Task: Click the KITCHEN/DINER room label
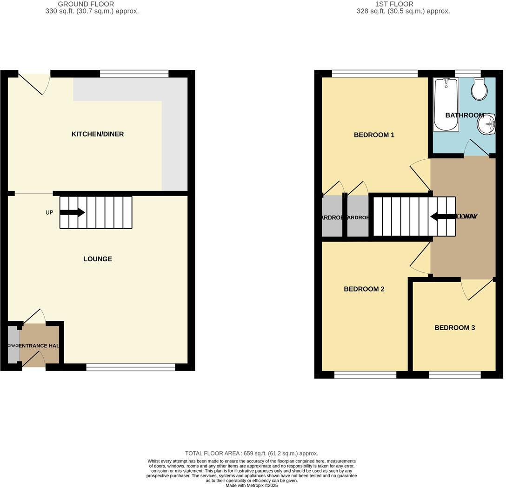(x=98, y=134)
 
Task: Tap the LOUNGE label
(x=98, y=259)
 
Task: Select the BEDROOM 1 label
(x=374, y=135)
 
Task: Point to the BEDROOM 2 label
(x=364, y=289)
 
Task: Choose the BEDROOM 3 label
(x=454, y=328)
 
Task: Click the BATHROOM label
(x=465, y=115)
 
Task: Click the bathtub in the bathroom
(x=446, y=105)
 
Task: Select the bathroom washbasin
(x=486, y=124)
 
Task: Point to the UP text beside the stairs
(x=49, y=213)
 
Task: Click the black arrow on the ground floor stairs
(x=72, y=213)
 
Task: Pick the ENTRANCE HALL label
(x=40, y=346)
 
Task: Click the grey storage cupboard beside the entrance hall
(x=13, y=345)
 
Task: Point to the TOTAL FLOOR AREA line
(x=252, y=453)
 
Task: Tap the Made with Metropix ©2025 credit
(x=252, y=485)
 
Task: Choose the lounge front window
(x=131, y=367)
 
